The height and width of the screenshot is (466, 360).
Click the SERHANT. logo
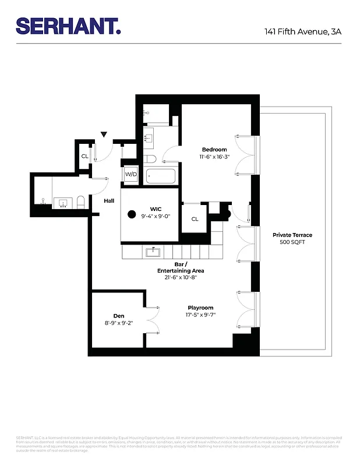pos(68,26)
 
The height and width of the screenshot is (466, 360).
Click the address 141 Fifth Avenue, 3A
pos(302,31)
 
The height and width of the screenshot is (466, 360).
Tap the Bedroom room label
pos(214,150)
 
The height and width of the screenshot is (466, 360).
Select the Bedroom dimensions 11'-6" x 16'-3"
pos(214,157)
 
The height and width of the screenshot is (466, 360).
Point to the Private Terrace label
pos(292,235)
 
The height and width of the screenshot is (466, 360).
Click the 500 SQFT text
pos(292,242)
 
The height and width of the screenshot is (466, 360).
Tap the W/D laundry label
pos(130,174)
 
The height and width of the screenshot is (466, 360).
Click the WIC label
pos(156,208)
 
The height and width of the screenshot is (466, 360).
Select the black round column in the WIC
pos(132,214)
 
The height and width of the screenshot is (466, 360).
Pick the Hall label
pos(109,201)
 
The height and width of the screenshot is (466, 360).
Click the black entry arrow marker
pos(104,135)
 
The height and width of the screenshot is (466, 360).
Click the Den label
pos(118,316)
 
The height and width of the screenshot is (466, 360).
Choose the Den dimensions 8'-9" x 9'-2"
pos(118,323)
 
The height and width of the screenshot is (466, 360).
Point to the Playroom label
pos(200,308)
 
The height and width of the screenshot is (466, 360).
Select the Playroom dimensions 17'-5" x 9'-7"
pos(200,315)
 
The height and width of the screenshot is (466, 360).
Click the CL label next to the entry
pos(84,156)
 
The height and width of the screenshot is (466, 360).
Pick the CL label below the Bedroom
pos(195,219)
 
